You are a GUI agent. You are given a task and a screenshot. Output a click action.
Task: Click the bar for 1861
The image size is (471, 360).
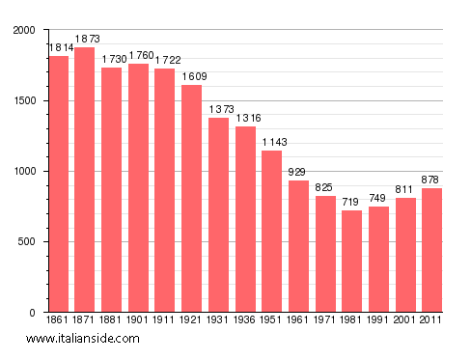tap(59, 183)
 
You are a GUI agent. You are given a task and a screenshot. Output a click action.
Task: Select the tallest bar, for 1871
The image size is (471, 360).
tap(85, 180)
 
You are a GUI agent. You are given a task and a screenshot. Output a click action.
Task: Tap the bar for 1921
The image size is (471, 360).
tap(192, 198)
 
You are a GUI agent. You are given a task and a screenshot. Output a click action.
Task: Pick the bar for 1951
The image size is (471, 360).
tap(272, 232)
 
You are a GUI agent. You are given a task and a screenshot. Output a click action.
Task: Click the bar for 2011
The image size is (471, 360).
tap(432, 250)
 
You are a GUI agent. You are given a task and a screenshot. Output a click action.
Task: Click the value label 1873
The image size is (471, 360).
tap(85, 40)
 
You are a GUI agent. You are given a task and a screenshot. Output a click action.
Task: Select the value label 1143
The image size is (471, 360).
tap(272, 143)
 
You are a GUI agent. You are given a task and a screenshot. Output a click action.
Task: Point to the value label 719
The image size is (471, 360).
tap(352, 203)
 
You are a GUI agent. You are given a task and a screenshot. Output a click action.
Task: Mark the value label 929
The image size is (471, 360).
tap(299, 173)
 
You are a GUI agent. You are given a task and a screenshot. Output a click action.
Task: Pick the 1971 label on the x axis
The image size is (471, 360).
tap(325, 319)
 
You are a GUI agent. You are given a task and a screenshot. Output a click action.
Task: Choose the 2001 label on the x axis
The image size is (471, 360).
tap(405, 319)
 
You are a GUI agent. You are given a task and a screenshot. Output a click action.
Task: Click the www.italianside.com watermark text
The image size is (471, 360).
tap(83, 339)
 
